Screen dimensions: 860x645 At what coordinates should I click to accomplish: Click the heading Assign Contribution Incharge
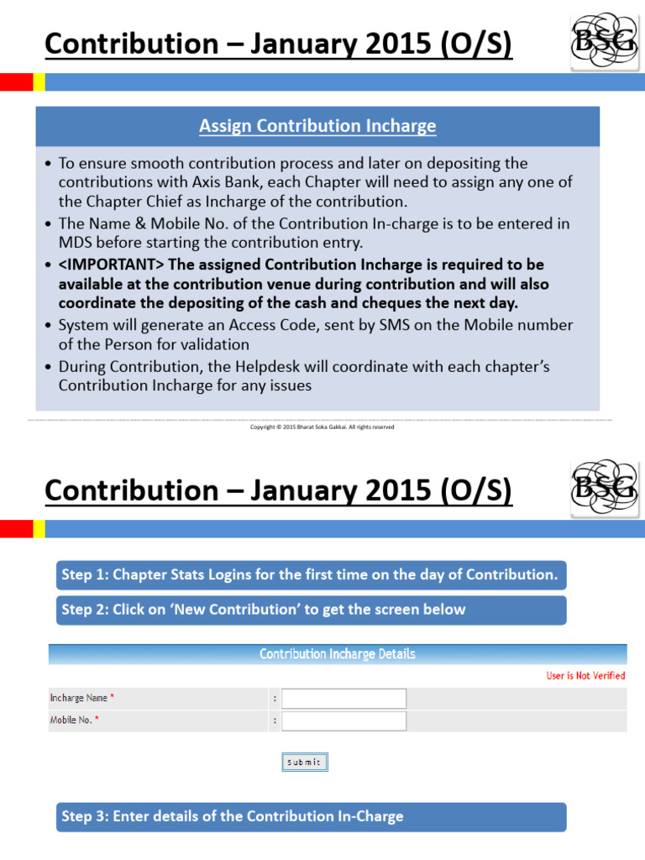coord(317,126)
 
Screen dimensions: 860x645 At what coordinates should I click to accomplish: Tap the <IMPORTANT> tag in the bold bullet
coord(112,265)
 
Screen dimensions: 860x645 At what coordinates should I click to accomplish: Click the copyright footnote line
coord(322,427)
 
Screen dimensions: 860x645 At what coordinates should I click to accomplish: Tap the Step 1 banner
coord(311,574)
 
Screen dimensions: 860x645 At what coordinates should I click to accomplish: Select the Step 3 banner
coord(311,816)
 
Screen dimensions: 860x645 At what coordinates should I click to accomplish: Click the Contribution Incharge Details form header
coord(337,653)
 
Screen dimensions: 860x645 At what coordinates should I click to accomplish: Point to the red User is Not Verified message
coord(585,675)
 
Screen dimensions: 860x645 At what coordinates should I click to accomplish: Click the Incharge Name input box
coord(343,698)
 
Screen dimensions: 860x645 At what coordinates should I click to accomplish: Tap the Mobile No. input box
coord(343,721)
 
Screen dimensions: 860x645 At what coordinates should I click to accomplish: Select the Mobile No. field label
coord(72,721)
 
